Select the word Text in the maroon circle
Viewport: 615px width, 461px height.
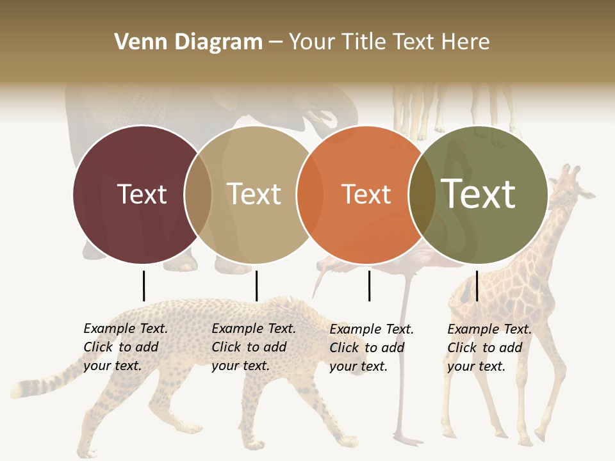(x=142, y=194)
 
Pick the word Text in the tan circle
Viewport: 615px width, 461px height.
(x=254, y=194)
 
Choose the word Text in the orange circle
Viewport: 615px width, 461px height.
(x=366, y=194)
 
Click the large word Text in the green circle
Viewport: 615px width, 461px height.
(x=479, y=194)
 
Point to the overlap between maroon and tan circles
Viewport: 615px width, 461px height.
(x=198, y=194)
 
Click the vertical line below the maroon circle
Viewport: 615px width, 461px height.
(x=143, y=286)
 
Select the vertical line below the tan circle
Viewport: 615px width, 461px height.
(x=256, y=286)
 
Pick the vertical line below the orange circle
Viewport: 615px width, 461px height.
(x=369, y=286)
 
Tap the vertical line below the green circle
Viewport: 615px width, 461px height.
(x=477, y=286)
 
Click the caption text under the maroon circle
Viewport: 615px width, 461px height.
(x=125, y=347)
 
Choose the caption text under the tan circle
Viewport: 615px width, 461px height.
(x=253, y=347)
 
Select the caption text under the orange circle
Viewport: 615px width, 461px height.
(x=371, y=348)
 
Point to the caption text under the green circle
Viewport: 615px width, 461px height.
(x=489, y=348)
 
